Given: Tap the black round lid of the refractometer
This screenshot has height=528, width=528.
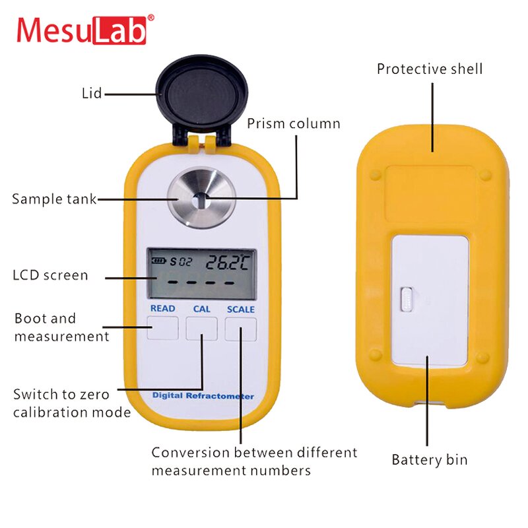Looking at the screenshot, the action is coord(201,92).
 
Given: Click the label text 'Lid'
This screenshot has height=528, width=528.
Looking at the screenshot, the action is coord(92,93).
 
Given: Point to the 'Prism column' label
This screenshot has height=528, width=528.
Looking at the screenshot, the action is coord(294,123).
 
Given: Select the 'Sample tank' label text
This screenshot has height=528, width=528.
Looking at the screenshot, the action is coord(54,199).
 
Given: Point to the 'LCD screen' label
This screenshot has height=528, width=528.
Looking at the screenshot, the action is coord(50,275).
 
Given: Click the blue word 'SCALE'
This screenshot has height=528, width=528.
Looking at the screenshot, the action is coord(240,309).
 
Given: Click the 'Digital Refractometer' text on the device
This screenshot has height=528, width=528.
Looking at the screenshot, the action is coord(203,396).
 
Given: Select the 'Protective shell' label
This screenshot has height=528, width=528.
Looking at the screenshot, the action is coord(430,69).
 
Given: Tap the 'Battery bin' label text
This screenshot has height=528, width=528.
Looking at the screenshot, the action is coord(429,459).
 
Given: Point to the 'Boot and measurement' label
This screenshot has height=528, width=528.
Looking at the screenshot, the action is coord(61,327).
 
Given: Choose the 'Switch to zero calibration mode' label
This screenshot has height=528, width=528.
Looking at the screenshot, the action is coord(71,403).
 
